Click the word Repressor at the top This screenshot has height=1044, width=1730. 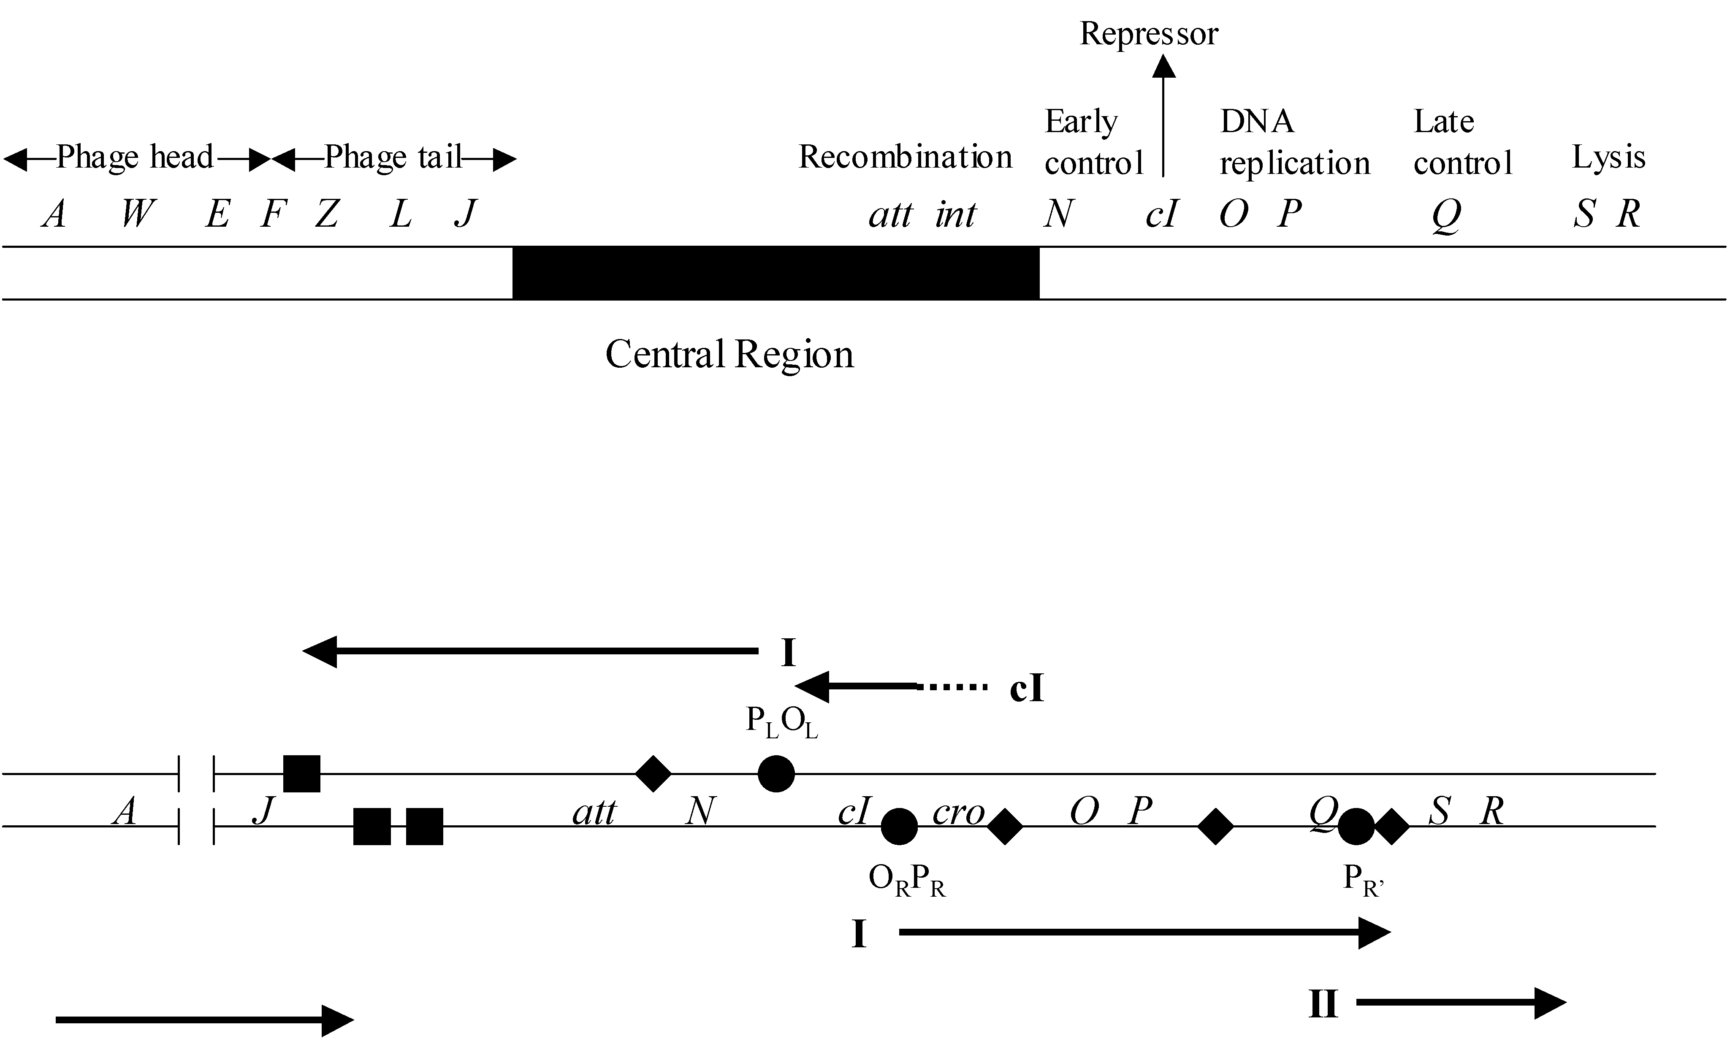[x=1149, y=34]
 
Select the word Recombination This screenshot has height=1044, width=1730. [x=905, y=157]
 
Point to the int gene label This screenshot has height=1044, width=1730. [x=955, y=214]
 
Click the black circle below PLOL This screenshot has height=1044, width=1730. [x=776, y=774]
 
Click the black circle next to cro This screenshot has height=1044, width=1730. [x=899, y=826]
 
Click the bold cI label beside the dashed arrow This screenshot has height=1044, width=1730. [x=1027, y=689]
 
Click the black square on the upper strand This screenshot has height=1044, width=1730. [x=302, y=774]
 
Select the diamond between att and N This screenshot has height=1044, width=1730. [x=653, y=774]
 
